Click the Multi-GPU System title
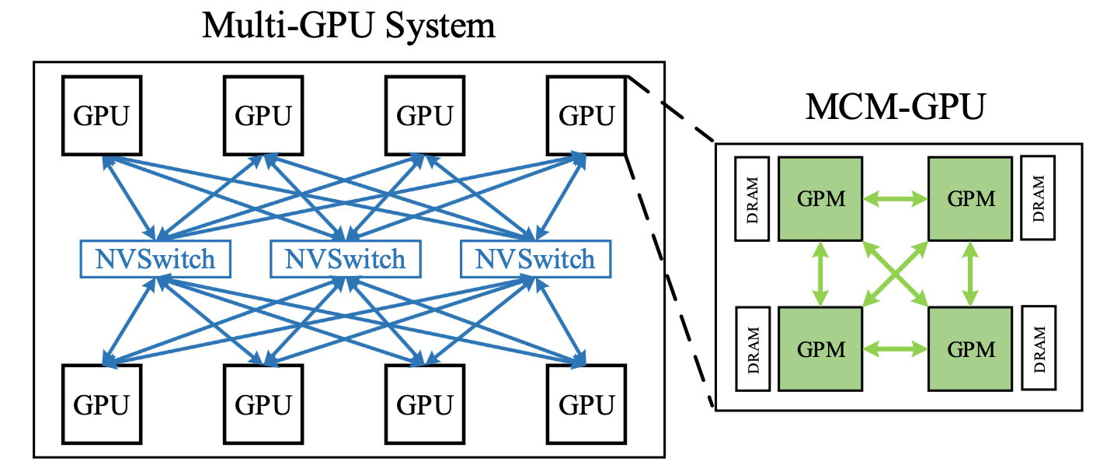(x=349, y=26)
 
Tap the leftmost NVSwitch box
(x=155, y=259)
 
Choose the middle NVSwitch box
(x=345, y=259)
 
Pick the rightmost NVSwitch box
(x=535, y=259)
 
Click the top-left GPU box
(x=103, y=115)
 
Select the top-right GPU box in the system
(x=586, y=115)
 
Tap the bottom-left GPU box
(x=103, y=404)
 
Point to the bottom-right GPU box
(x=586, y=404)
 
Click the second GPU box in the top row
(x=263, y=115)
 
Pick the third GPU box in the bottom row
(x=425, y=404)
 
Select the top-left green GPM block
(x=820, y=198)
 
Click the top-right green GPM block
(x=970, y=198)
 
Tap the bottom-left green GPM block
(x=820, y=348)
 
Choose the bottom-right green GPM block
(x=970, y=348)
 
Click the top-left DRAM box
(x=752, y=198)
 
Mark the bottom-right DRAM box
(x=1039, y=348)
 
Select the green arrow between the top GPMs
(x=896, y=199)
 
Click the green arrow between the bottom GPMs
(x=896, y=348)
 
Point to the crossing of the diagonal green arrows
(x=896, y=273)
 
